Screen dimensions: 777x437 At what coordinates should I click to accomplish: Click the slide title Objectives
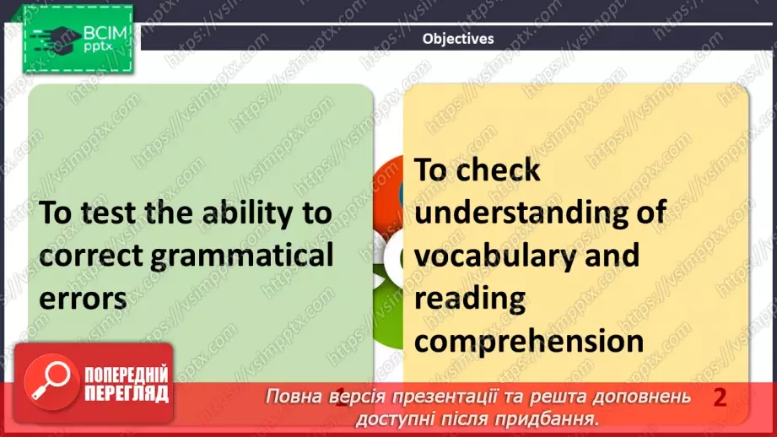click(x=458, y=39)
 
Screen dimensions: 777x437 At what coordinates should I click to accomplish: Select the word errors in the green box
click(x=83, y=299)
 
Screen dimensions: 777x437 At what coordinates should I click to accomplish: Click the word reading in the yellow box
click(x=470, y=299)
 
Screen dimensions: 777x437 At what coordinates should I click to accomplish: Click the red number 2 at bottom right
click(x=720, y=397)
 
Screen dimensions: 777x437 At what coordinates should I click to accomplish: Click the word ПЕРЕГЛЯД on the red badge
click(x=127, y=394)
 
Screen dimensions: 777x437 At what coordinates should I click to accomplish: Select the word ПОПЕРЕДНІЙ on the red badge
click(x=127, y=375)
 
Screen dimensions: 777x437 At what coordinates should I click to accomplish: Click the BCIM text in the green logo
click(x=105, y=33)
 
